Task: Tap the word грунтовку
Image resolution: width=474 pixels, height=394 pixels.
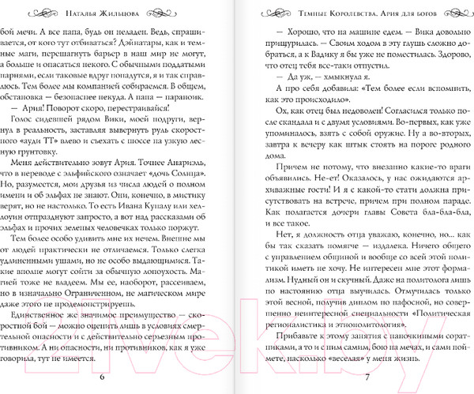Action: pyautogui.click(x=182, y=163)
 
